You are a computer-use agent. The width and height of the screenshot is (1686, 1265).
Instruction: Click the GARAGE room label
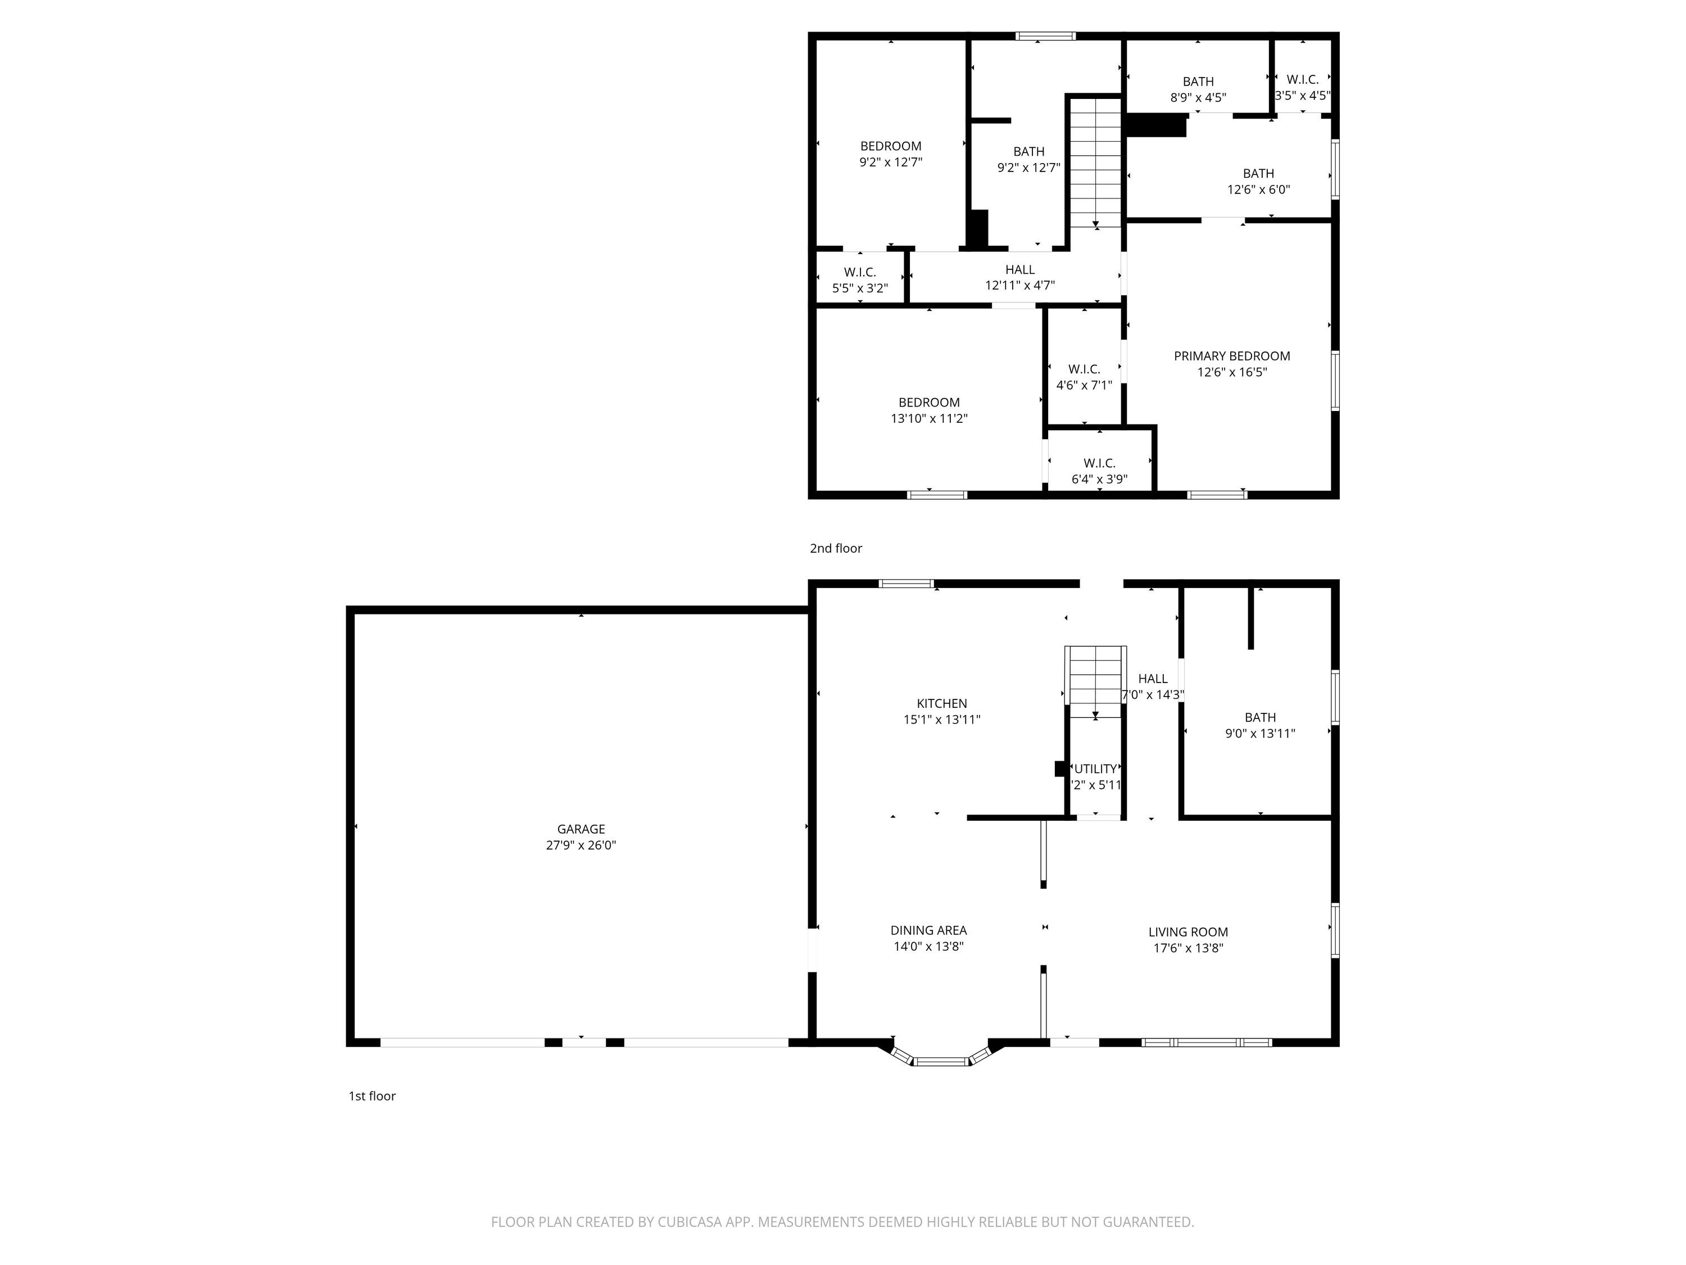(x=581, y=829)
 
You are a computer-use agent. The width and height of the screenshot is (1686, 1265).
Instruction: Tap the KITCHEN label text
(x=942, y=704)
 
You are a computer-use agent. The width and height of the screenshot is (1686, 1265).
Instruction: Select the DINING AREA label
(x=928, y=930)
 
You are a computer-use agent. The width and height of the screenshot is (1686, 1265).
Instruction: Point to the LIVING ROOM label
(x=1188, y=932)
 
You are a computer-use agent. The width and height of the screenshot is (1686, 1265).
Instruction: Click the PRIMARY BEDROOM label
(x=1232, y=356)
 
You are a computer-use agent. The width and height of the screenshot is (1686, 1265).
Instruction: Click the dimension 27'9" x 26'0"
(x=581, y=845)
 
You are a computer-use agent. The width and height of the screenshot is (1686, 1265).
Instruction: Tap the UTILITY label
(x=1095, y=769)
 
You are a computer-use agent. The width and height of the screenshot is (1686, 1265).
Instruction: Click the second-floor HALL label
(x=1020, y=270)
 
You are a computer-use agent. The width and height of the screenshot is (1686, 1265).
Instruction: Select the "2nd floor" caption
(x=836, y=548)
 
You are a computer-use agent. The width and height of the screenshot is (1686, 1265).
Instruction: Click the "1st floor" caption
(x=372, y=1096)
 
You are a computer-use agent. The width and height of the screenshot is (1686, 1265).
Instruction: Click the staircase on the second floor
(x=1095, y=162)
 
